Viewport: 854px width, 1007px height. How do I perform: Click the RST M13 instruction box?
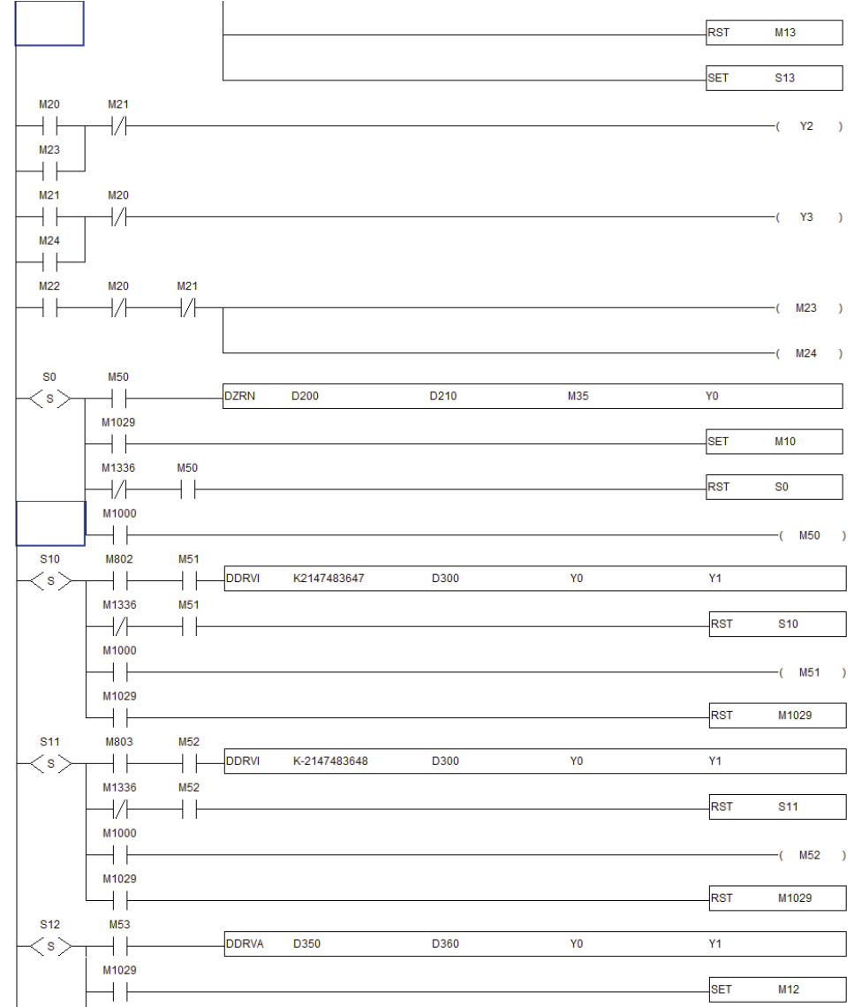(x=774, y=34)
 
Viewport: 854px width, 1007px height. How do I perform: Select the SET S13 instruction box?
(x=774, y=79)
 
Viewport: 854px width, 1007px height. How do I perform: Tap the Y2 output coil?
(x=805, y=126)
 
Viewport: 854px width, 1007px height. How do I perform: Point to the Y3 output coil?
(x=805, y=217)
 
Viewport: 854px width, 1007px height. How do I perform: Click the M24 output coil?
(x=805, y=354)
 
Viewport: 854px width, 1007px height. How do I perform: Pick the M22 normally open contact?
(x=50, y=308)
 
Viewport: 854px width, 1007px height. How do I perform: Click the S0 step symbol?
(x=49, y=398)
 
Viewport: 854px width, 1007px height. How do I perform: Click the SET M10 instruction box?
(x=774, y=442)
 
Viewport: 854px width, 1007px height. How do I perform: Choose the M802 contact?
(x=119, y=580)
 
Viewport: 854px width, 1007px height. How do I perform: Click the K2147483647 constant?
(x=329, y=579)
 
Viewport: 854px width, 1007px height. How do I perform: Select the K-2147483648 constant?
(x=331, y=761)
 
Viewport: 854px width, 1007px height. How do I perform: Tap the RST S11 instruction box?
(x=777, y=806)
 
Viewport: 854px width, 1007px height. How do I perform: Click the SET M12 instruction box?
(x=777, y=989)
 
